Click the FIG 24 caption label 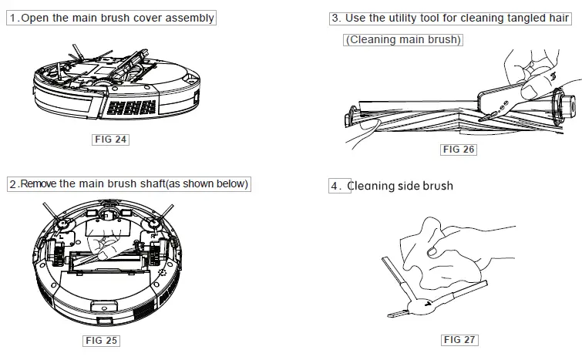[109, 140]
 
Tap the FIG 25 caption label [101, 340]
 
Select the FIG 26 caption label [458, 150]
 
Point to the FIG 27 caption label [459, 340]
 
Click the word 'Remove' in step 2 [39, 184]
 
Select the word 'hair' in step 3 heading [558, 18]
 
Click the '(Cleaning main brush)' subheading [403, 40]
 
